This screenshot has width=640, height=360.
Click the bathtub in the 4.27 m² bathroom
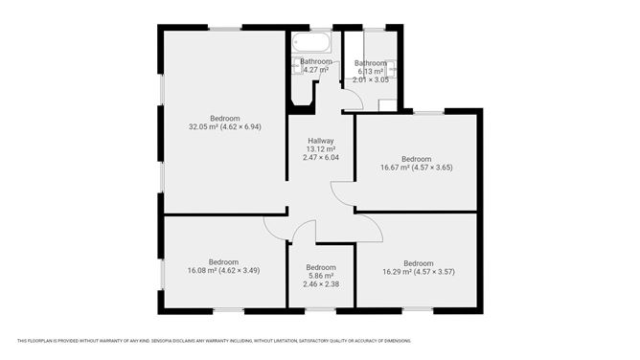point(312,43)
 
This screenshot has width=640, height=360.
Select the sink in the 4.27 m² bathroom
point(295,68)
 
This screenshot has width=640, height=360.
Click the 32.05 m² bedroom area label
point(225,126)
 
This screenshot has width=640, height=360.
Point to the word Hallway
point(320,142)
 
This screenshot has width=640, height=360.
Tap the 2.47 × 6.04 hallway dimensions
point(320,158)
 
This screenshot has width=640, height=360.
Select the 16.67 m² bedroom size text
point(416,168)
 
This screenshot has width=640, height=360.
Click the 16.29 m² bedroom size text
point(418,272)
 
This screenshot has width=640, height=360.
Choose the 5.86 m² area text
point(320,276)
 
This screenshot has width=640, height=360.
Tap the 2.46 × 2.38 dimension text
point(320,284)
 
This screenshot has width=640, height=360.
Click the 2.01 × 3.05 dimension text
point(371,79)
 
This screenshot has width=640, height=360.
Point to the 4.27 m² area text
point(315,70)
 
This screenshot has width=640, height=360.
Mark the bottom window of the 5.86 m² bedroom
point(320,309)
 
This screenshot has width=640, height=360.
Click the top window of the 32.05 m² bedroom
point(225,29)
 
